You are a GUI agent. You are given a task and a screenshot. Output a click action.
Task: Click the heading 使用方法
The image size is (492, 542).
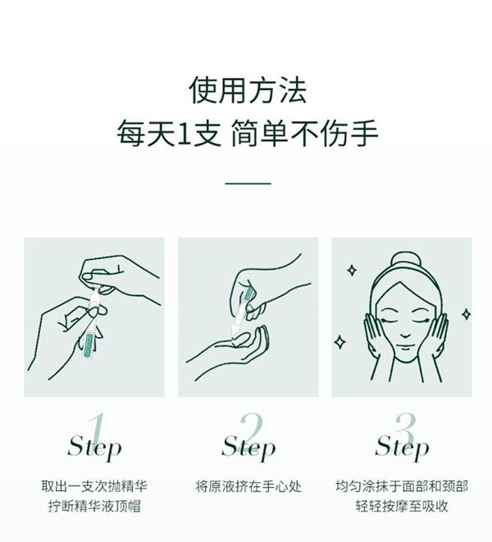pyautogui.click(x=248, y=90)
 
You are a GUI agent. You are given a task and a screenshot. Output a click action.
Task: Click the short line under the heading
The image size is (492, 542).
pyautogui.click(x=248, y=183)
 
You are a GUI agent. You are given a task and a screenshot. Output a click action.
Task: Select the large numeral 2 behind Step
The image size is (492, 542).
pyautogui.click(x=252, y=429)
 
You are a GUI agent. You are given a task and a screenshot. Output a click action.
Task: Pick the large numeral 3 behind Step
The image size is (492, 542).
pyautogui.click(x=405, y=429)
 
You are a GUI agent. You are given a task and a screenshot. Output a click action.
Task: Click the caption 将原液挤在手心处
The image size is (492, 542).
pyautogui.click(x=248, y=486)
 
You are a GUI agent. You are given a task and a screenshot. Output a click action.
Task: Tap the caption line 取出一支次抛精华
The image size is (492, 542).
pyautogui.click(x=94, y=486)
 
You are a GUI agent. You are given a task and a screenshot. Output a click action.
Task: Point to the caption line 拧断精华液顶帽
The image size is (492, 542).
pyautogui.click(x=94, y=507)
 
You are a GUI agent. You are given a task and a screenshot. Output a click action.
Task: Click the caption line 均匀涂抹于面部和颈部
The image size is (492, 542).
pyautogui.click(x=402, y=486)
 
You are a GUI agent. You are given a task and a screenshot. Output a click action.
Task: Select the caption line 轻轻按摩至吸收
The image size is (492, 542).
pyautogui.click(x=402, y=507)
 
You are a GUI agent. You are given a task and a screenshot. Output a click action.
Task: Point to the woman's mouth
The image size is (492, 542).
pyautogui.click(x=405, y=348)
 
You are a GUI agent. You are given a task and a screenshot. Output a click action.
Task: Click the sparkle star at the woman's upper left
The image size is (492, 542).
pyautogui.click(x=352, y=271)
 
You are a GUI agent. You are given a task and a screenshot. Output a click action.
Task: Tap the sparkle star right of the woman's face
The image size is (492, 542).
pyautogui.click(x=466, y=314)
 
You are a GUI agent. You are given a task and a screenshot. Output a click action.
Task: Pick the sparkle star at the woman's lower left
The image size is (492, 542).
pyautogui.click(x=339, y=341)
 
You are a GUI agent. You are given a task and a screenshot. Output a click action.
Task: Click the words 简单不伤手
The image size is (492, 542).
pyautogui.click(x=304, y=134)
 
